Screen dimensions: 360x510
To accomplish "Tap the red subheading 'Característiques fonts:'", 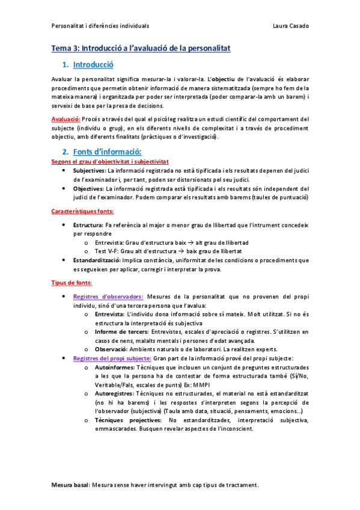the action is [82, 211].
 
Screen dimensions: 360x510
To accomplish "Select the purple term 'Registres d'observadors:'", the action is [108, 296].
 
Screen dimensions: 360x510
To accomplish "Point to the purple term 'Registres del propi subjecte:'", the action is [112, 358].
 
